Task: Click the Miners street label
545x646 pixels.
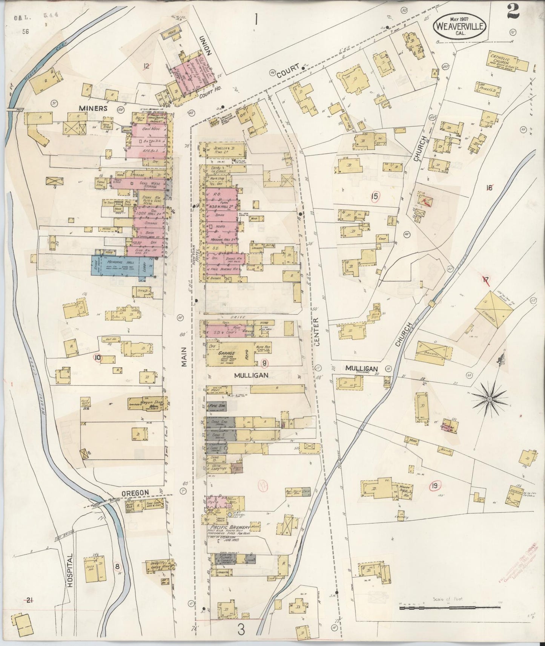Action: click(93, 108)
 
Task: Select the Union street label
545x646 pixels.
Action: click(207, 49)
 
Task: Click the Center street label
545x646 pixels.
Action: click(316, 331)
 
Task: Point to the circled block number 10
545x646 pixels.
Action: click(98, 358)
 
